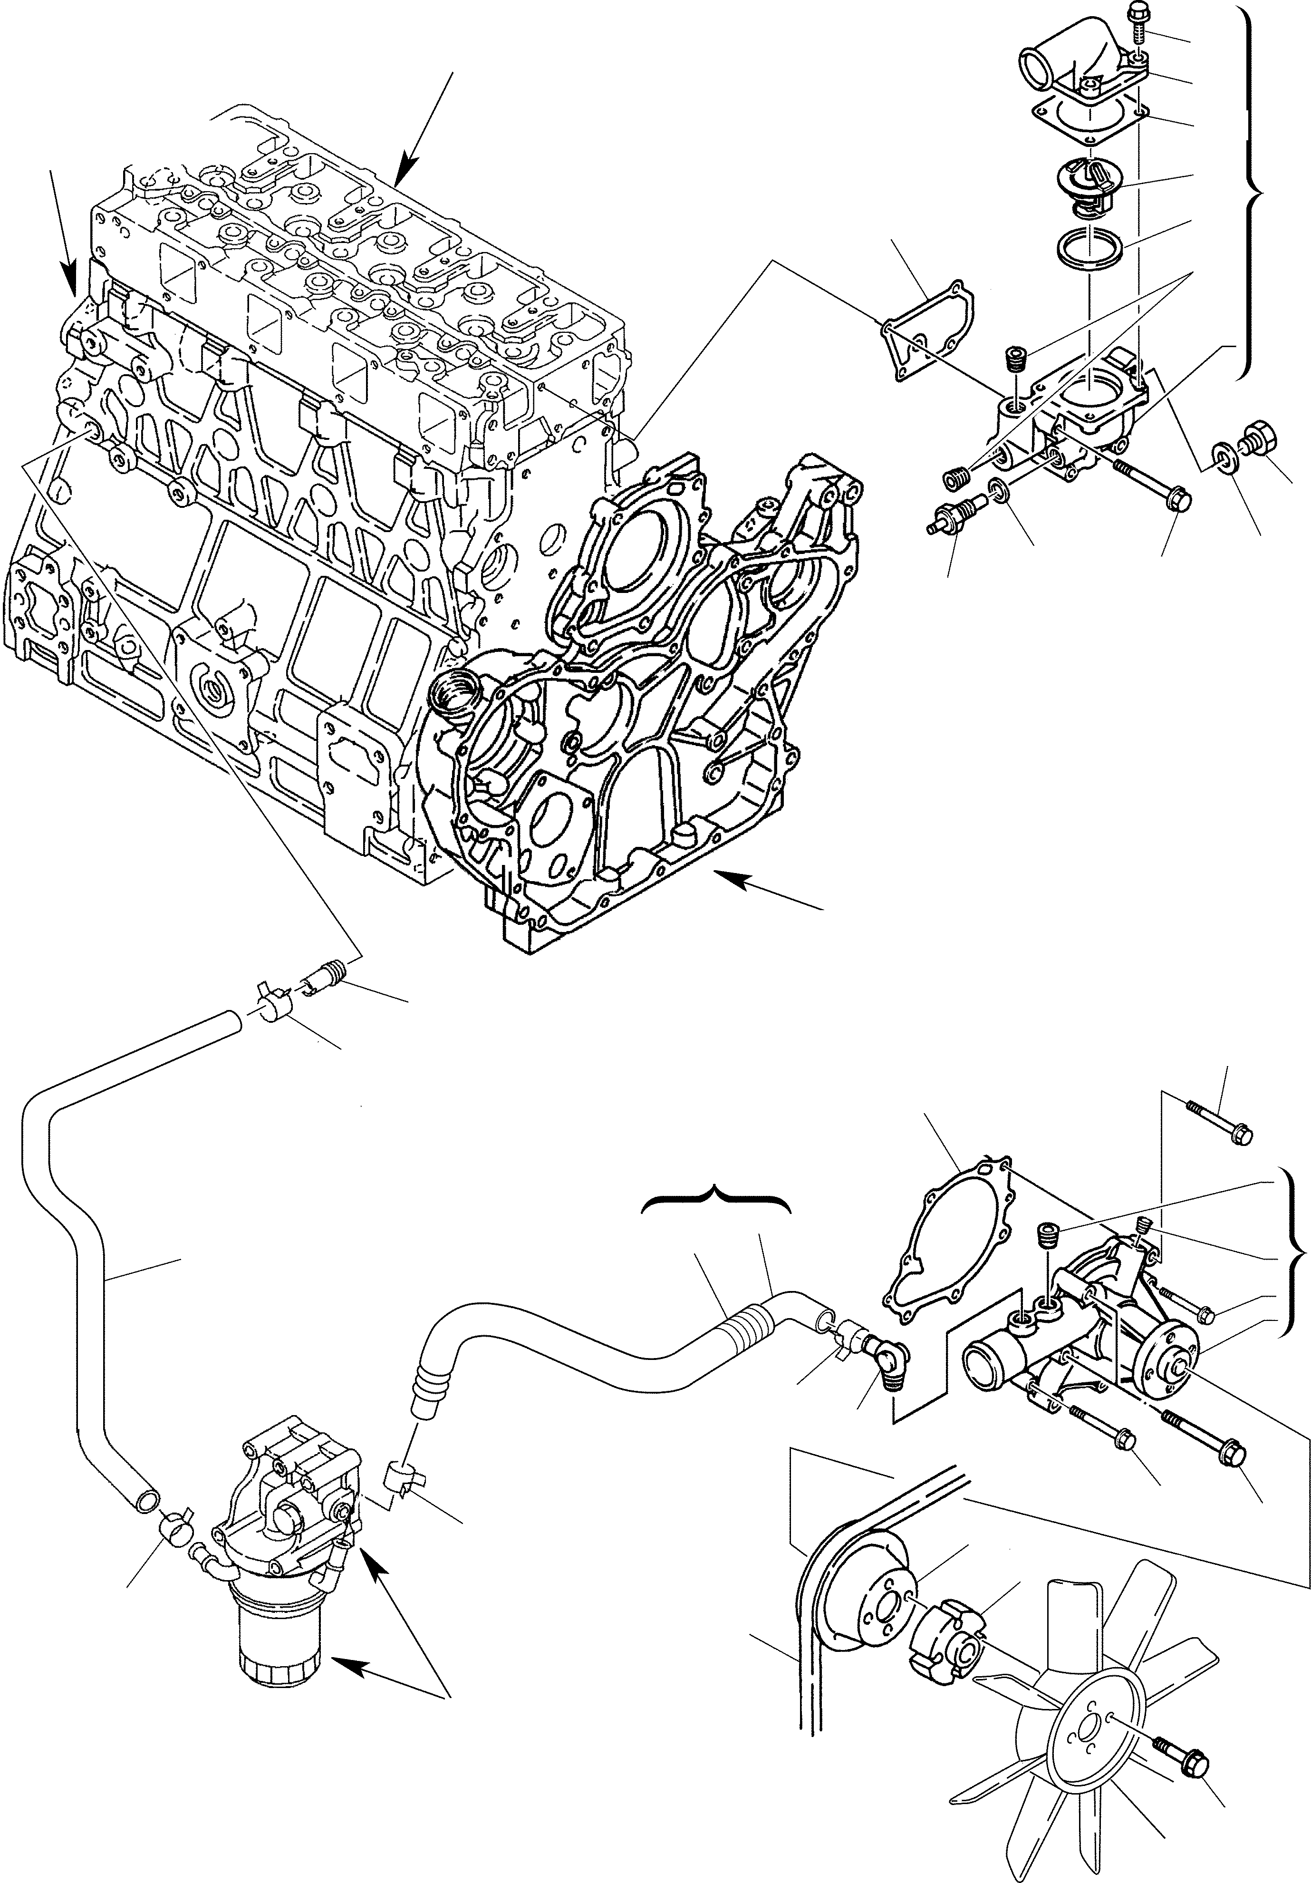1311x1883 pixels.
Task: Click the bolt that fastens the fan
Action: coord(1181,1753)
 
